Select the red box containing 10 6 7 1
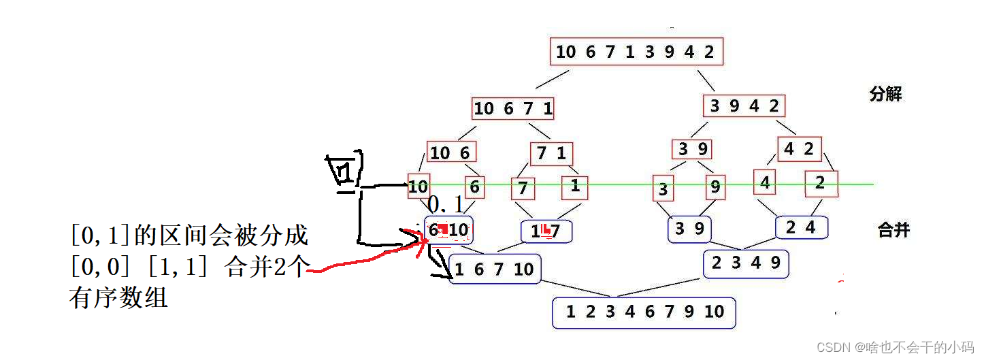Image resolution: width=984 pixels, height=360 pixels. [514, 108]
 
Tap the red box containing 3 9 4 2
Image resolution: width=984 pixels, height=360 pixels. [744, 106]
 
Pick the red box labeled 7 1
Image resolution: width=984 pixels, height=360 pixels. [551, 154]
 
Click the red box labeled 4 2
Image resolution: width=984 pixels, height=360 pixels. [800, 150]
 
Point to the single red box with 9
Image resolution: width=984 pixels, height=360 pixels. [715, 186]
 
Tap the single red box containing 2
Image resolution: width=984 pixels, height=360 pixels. [819, 183]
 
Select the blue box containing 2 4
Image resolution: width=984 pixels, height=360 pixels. [801, 228]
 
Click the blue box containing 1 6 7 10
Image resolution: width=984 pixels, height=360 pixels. [495, 269]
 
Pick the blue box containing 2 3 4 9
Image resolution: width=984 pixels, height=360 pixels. [746, 263]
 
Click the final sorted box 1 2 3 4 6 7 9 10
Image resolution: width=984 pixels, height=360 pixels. [644, 312]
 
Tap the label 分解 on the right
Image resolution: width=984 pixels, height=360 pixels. [885, 95]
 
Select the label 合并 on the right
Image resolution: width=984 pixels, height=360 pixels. [893, 230]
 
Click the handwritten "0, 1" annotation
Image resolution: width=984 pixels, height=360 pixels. [445, 204]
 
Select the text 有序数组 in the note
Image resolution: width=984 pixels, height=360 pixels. [118, 298]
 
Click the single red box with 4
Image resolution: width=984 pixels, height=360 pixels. [765, 182]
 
